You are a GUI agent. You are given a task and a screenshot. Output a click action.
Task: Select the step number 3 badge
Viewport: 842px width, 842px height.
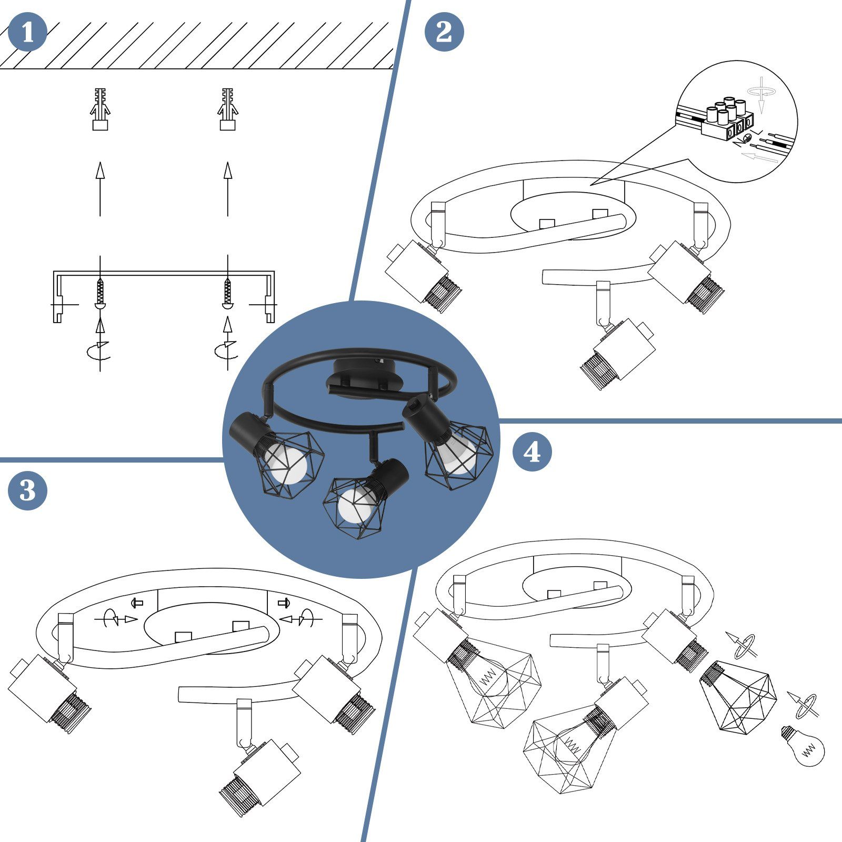(x=27, y=490)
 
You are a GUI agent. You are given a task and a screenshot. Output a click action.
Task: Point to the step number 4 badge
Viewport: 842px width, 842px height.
(x=532, y=452)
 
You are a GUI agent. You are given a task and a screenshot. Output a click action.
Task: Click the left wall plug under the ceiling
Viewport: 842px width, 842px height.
(x=100, y=109)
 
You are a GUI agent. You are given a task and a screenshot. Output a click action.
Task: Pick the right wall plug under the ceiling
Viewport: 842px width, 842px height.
(x=227, y=109)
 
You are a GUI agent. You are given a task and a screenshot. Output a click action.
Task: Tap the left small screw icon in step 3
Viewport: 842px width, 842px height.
(x=138, y=603)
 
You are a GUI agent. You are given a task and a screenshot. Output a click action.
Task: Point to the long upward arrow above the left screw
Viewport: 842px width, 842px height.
(x=100, y=189)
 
